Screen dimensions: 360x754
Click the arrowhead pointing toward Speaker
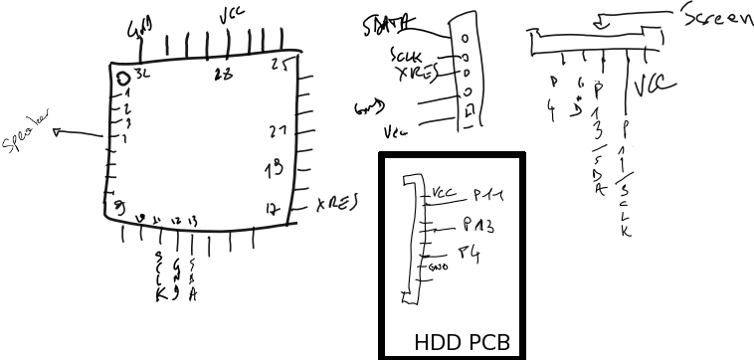pos(59,131)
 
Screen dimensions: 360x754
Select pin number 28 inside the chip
pos(224,75)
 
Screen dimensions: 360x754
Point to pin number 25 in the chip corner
pos(280,66)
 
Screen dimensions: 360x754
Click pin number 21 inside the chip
pos(279,131)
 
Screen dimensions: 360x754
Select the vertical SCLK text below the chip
pos(159,275)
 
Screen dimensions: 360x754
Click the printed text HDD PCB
pos(462,343)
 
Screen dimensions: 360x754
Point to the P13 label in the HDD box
pos(478,227)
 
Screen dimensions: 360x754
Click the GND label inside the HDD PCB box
pos(438,267)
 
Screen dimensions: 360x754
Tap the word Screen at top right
pos(717,17)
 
